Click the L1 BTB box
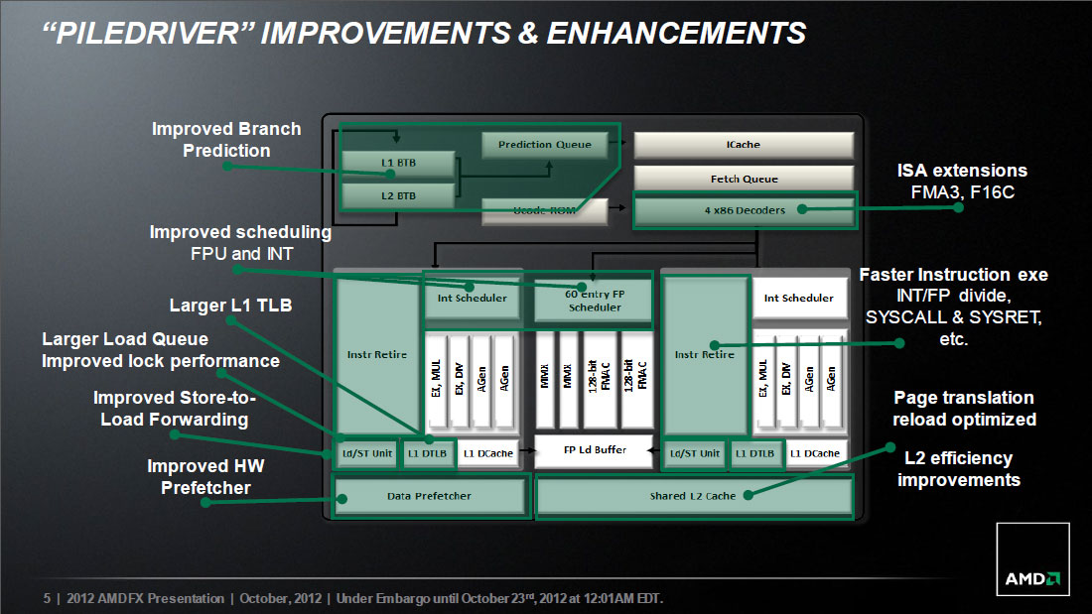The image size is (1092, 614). point(398,163)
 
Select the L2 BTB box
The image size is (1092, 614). point(398,196)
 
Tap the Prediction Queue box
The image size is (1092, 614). point(544,145)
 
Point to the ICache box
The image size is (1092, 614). point(744,145)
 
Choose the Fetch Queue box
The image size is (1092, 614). point(744,179)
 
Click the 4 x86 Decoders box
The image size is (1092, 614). point(745,210)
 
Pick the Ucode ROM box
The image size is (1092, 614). point(544,211)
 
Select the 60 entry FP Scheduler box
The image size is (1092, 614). point(594,300)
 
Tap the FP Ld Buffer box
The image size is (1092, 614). point(594,450)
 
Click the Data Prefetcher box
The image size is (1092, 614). point(429,496)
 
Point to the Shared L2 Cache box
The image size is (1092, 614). point(693,496)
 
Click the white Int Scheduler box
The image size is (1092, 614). point(799,298)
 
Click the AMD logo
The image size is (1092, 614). point(1032,559)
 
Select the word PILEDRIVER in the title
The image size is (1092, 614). point(147,34)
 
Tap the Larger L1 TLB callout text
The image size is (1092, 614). point(230,306)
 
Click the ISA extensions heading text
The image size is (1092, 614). point(962,171)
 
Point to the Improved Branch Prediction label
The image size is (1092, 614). point(226,140)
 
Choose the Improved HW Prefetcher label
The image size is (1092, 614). point(205,477)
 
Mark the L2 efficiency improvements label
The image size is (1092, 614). point(958,469)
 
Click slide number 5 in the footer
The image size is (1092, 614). point(47,599)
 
